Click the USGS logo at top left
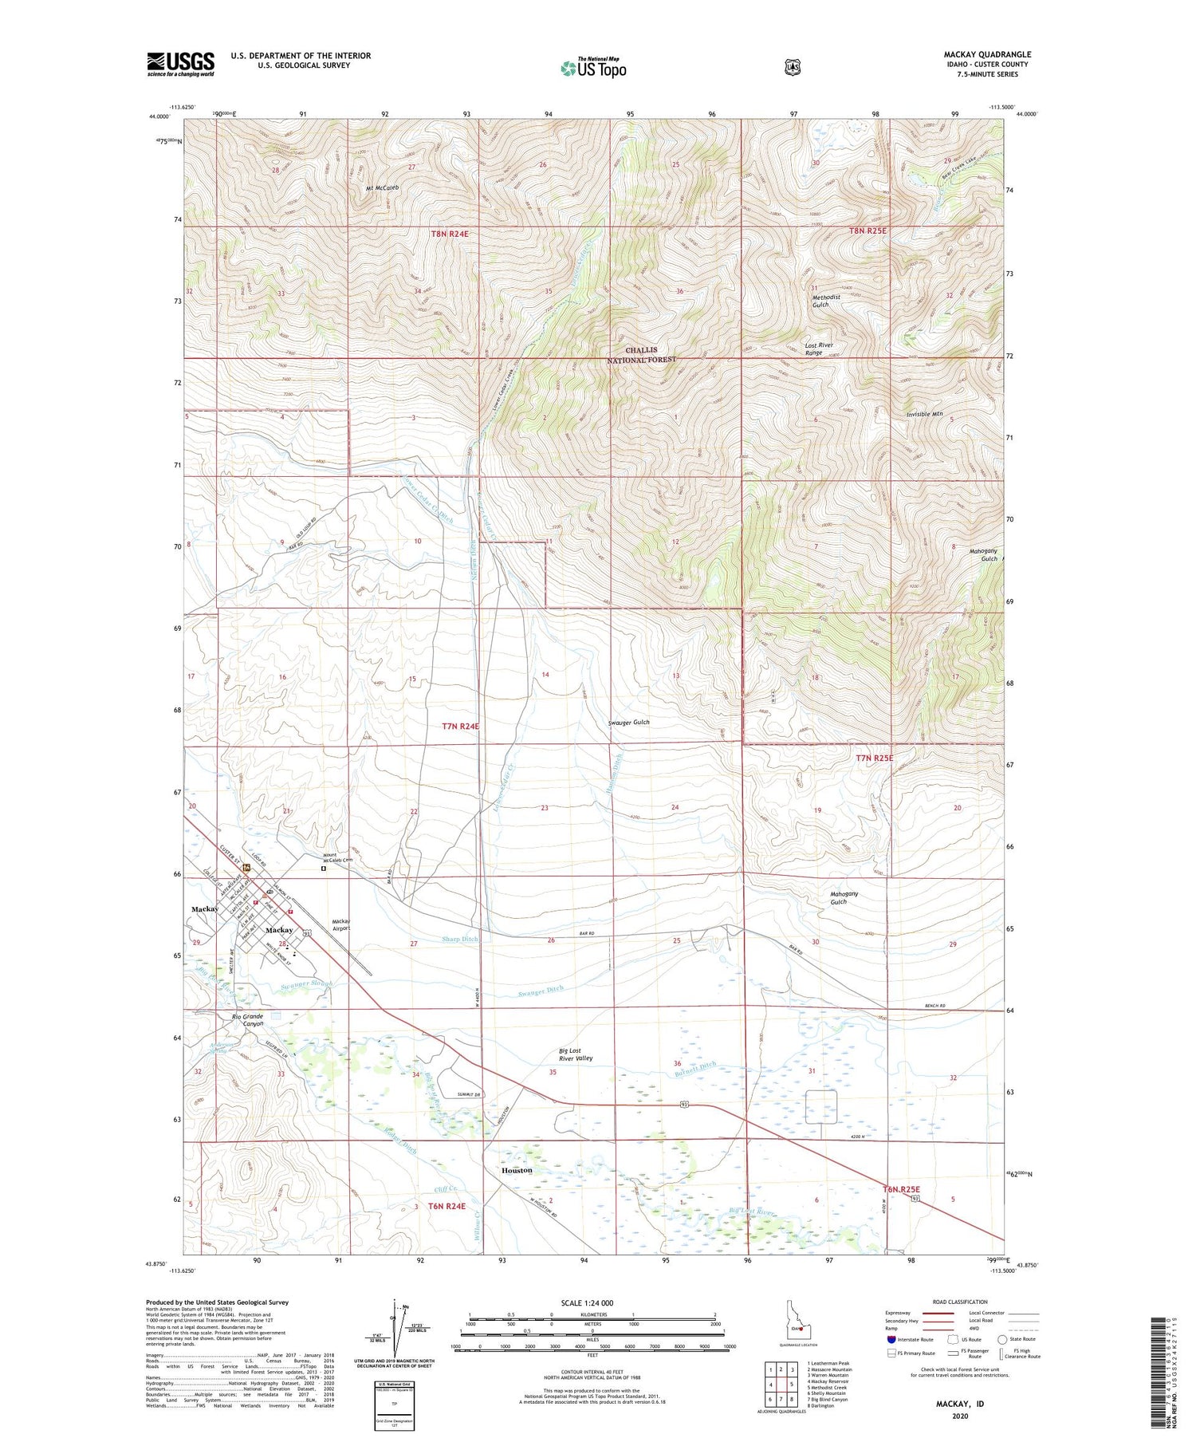point(180,64)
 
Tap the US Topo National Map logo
point(593,67)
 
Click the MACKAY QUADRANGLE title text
point(987,54)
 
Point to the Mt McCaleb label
point(382,187)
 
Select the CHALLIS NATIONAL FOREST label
point(641,355)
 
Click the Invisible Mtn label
point(924,415)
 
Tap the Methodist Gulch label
point(826,301)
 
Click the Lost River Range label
point(819,349)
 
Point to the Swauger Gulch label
point(628,723)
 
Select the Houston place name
point(517,1170)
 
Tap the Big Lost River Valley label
point(576,1054)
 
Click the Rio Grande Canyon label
point(247,1020)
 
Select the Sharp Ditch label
point(459,940)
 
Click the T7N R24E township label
point(461,727)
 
